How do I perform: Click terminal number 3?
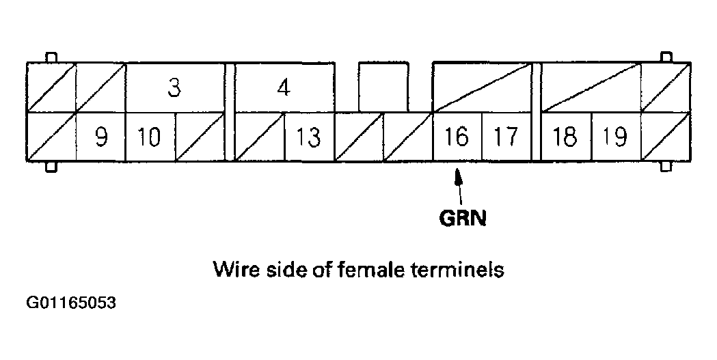(175, 88)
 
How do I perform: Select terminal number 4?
(284, 88)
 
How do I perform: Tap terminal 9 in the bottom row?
(100, 137)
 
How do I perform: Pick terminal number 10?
(150, 137)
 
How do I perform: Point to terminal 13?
(309, 137)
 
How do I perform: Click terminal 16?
(457, 137)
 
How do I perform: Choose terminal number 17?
(506, 137)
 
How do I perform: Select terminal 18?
(565, 137)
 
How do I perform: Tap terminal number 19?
(615, 137)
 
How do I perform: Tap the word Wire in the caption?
(232, 269)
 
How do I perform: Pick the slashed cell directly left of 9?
(51, 137)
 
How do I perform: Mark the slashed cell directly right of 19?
(666, 137)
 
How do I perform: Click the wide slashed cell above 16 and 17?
(482, 87)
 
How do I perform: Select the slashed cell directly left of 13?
(259, 137)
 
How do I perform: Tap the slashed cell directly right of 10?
(200, 137)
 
